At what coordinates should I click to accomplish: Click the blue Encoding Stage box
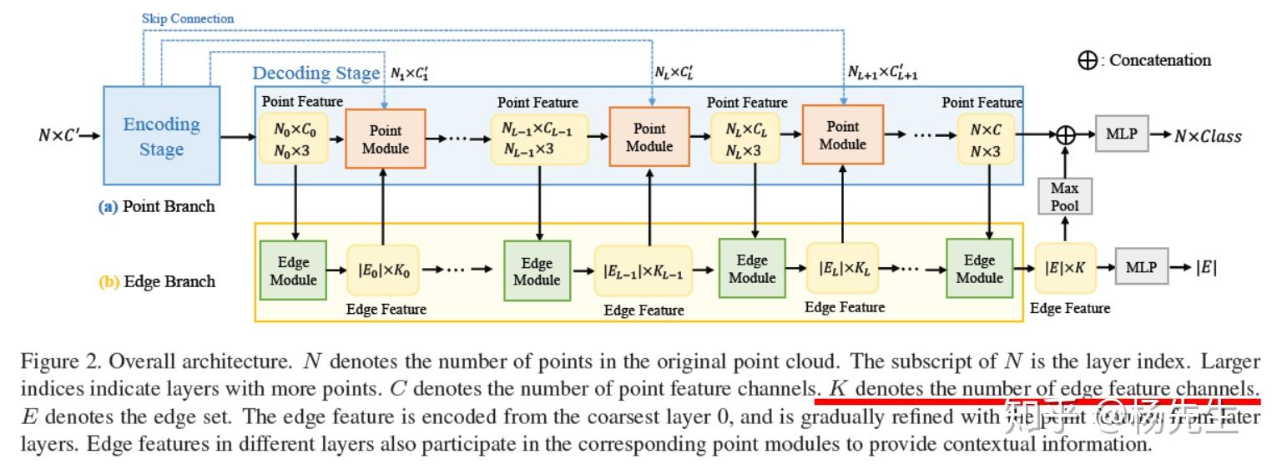point(161,135)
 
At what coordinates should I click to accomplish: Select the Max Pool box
point(1064,197)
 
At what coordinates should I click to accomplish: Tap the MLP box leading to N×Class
point(1121,134)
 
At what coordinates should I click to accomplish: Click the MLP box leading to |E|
point(1141,267)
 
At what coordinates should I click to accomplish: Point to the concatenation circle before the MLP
point(1064,134)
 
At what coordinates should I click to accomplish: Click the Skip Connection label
point(188,18)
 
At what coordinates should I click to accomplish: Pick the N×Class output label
point(1208,135)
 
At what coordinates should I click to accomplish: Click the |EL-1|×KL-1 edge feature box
point(643,270)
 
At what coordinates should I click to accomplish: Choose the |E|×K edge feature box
point(1064,268)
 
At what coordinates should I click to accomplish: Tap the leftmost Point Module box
point(385,139)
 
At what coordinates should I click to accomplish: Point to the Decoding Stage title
point(315,73)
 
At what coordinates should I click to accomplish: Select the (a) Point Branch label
point(156,206)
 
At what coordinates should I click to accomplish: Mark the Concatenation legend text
point(1159,60)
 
